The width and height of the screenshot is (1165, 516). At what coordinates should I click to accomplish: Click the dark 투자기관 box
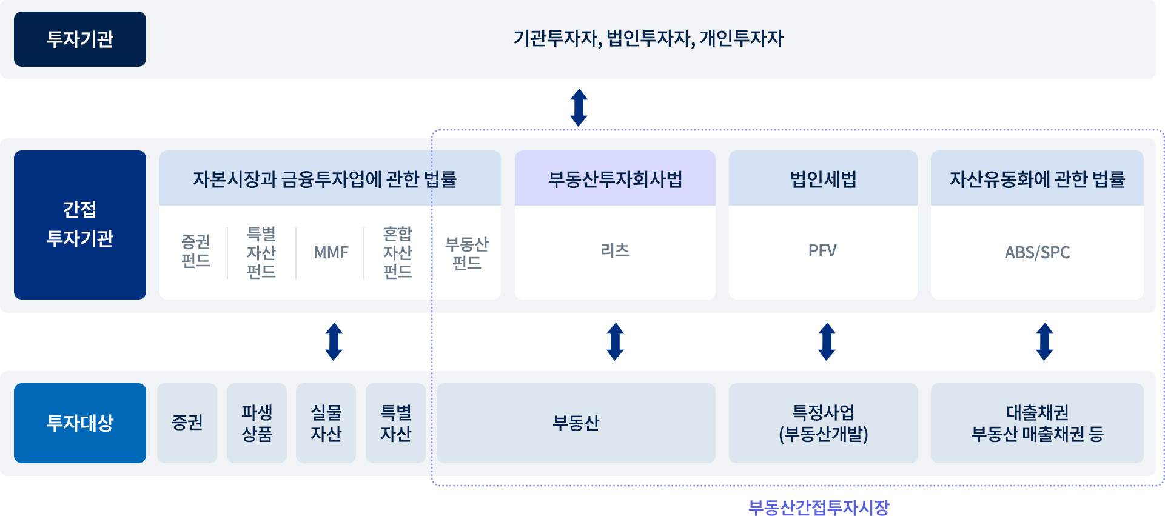80,39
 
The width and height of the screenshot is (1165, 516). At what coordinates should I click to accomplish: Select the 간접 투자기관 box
80,224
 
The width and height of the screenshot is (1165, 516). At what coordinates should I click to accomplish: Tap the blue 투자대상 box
80,423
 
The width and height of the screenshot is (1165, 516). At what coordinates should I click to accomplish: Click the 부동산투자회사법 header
615,179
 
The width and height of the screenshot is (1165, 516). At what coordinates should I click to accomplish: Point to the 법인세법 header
823,179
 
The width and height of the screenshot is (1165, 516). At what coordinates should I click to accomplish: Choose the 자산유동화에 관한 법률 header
1037,179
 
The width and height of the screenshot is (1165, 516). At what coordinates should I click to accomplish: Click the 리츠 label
615,250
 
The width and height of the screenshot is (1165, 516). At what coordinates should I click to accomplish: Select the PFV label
822,251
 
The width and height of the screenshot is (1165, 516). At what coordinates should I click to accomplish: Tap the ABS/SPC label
1037,252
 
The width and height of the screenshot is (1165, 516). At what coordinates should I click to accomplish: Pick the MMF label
331,252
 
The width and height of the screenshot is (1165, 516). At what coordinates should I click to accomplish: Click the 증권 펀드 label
196,251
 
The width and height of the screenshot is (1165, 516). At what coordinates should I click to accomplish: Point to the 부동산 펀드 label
467,253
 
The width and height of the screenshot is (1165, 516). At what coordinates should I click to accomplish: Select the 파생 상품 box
257,423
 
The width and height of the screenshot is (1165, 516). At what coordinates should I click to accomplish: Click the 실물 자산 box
326,423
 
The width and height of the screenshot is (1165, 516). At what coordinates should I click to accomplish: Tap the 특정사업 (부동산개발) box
823,423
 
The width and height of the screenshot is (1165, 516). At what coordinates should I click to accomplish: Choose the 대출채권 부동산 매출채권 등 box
1037,423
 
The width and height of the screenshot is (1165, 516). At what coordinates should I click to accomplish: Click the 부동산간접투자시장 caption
819,507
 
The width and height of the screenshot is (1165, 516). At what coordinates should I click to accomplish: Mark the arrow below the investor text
579,107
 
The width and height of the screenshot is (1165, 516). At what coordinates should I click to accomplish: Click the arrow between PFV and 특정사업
827,341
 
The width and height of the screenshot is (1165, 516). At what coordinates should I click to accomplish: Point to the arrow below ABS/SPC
1044,341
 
